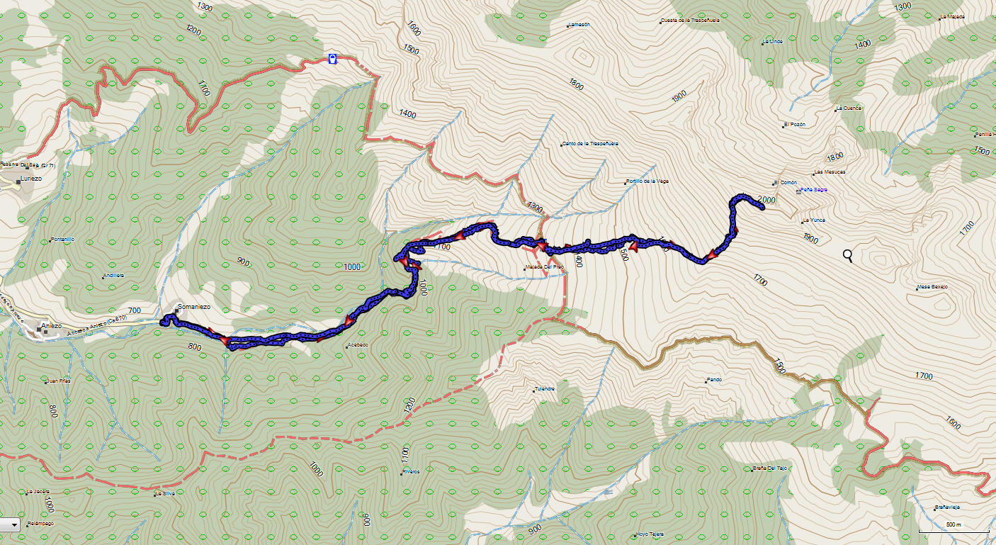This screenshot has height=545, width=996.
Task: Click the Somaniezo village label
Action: [193, 307]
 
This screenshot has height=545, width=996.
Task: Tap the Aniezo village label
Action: [52, 326]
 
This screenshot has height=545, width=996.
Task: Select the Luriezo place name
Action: [31, 179]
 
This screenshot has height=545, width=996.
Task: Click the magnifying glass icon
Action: [849, 257]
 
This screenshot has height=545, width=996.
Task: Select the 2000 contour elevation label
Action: [766, 200]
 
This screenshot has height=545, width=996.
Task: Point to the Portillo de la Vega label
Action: [647, 181]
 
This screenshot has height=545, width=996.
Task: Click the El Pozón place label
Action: [795, 125]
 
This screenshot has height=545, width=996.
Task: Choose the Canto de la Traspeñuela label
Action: [590, 143]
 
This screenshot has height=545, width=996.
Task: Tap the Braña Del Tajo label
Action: [770, 468]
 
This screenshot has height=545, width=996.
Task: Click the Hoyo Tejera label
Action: [651, 534]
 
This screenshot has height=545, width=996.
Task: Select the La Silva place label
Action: [165, 493]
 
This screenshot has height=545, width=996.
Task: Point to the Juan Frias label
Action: [59, 381]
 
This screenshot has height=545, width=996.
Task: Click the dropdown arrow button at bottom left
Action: [13, 524]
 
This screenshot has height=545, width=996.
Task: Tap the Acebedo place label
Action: [358, 346]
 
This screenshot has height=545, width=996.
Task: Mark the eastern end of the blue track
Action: [761, 208]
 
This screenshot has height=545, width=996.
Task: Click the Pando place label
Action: [714, 380]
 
